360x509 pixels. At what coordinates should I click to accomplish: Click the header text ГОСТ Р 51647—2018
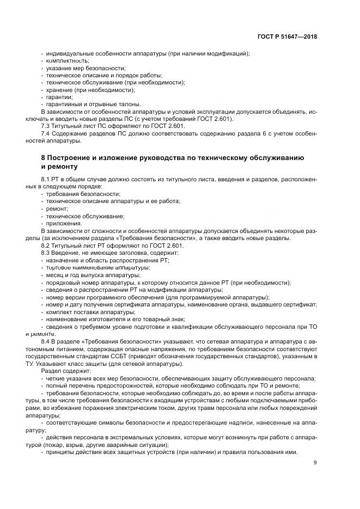coord(288,36)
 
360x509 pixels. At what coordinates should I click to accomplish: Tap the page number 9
coord(315,463)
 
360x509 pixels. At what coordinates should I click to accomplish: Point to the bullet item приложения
coord(64,223)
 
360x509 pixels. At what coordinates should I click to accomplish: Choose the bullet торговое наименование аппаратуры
coord(97,268)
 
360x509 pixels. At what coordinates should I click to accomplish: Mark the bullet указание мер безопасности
coord(81,68)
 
